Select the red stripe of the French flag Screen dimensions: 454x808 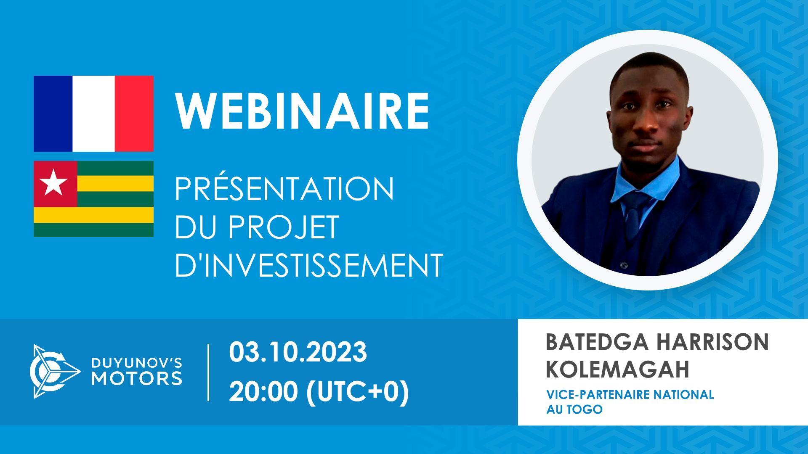(134, 113)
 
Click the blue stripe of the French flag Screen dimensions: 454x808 (53, 113)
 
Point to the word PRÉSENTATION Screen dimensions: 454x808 (284, 189)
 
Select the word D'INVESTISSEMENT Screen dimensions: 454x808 (309, 265)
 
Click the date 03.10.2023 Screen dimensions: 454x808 (298, 352)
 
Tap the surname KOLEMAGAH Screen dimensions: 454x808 (617, 369)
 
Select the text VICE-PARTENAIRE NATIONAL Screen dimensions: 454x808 (630, 395)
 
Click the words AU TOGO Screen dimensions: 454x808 (574, 409)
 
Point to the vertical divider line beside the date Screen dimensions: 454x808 (209, 372)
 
